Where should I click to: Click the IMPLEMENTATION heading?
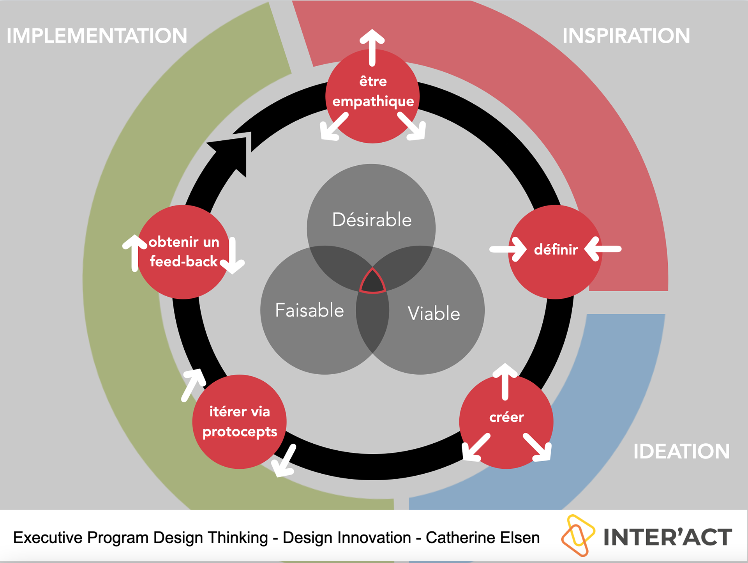click(97, 35)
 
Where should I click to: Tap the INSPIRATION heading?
click(626, 35)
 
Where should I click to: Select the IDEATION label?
click(681, 451)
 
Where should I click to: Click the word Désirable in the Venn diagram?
click(372, 220)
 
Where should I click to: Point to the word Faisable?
click(309, 310)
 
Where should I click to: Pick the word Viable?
click(434, 313)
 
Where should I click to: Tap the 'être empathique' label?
click(373, 91)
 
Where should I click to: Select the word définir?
click(556, 249)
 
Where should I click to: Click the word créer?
click(506, 417)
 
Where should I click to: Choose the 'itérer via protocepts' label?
click(240, 421)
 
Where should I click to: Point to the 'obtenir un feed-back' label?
click(184, 251)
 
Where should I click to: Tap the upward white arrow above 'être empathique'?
click(372, 48)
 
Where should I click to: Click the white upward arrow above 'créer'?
click(505, 382)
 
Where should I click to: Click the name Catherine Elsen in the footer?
click(483, 538)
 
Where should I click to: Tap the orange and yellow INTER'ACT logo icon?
click(578, 535)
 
